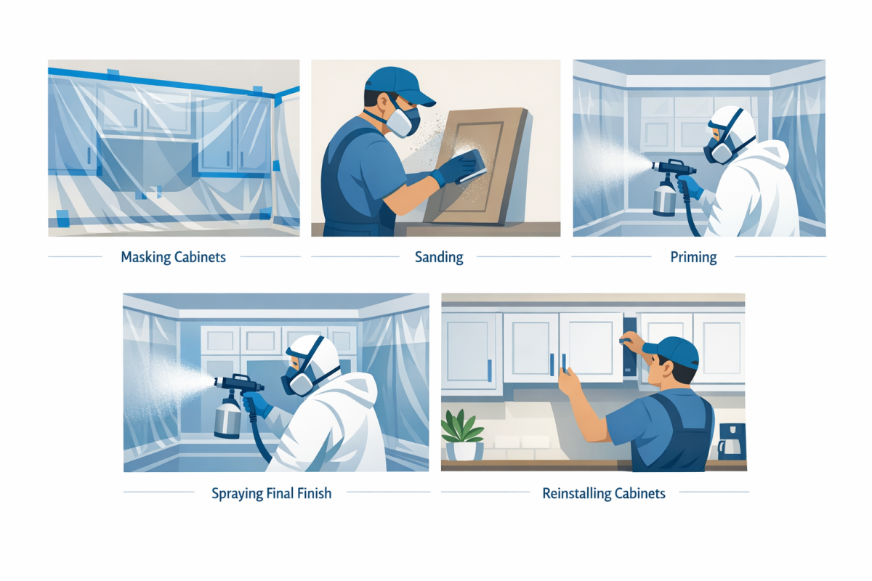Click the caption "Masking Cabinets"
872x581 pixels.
(174, 257)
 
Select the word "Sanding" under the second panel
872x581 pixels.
(438, 257)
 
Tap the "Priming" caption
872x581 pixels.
(693, 257)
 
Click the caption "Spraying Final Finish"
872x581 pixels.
(271, 494)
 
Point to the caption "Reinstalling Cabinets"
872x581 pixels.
(604, 494)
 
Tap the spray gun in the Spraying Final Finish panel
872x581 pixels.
(238, 383)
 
